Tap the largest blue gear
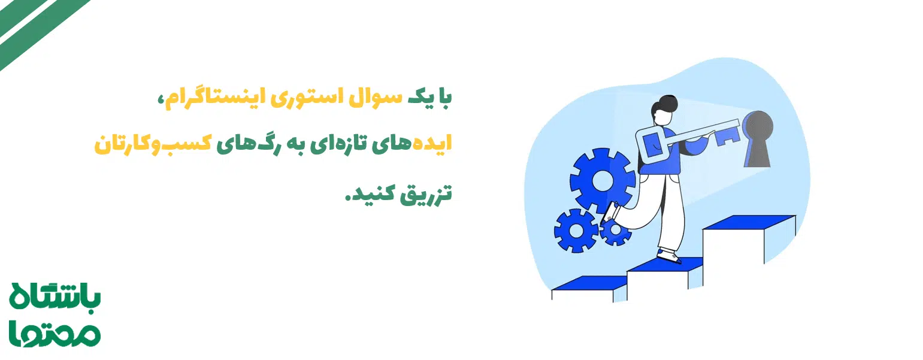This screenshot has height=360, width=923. pyautogui.click(x=601, y=180)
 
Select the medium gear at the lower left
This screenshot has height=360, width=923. pyautogui.click(x=576, y=230)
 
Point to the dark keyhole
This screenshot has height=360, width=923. pyautogui.click(x=757, y=138)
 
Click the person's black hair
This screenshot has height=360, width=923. pyautogui.click(x=665, y=107)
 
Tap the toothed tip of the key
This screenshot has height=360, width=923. pyautogui.click(x=728, y=135)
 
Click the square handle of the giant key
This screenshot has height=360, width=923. pyautogui.click(x=652, y=144)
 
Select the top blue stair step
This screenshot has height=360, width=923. pyautogui.click(x=749, y=222)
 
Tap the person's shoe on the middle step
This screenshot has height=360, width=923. pyautogui.click(x=668, y=256)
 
